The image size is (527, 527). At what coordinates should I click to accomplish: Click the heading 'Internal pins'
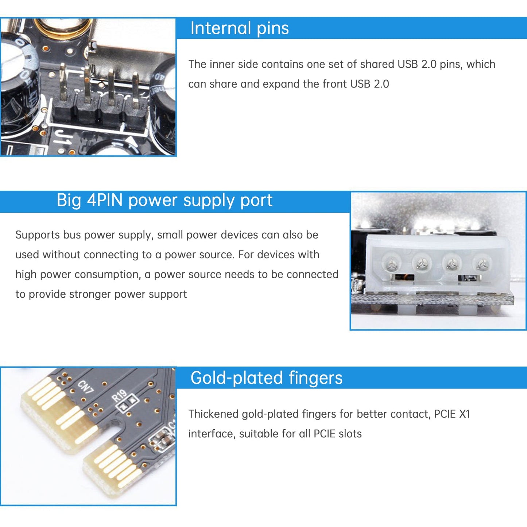coord(239,28)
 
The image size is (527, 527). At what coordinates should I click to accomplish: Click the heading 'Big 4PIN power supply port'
coord(164,201)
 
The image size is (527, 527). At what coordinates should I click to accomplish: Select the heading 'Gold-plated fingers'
coord(266,378)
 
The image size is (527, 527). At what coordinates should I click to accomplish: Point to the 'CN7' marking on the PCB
coord(86,387)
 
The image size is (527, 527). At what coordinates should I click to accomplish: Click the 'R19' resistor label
coord(119,395)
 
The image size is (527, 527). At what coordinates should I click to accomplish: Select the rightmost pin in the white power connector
coord(482,263)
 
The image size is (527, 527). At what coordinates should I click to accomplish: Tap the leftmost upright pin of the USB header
coord(63,82)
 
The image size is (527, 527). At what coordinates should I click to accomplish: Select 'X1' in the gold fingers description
coord(464,414)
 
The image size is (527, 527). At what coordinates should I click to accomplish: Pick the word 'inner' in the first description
coord(222,65)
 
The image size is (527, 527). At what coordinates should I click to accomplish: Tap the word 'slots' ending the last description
coord(350,434)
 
